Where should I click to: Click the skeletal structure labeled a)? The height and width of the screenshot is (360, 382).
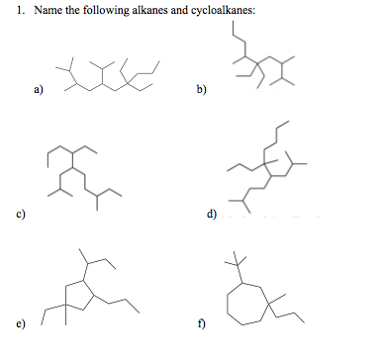(110, 76)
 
